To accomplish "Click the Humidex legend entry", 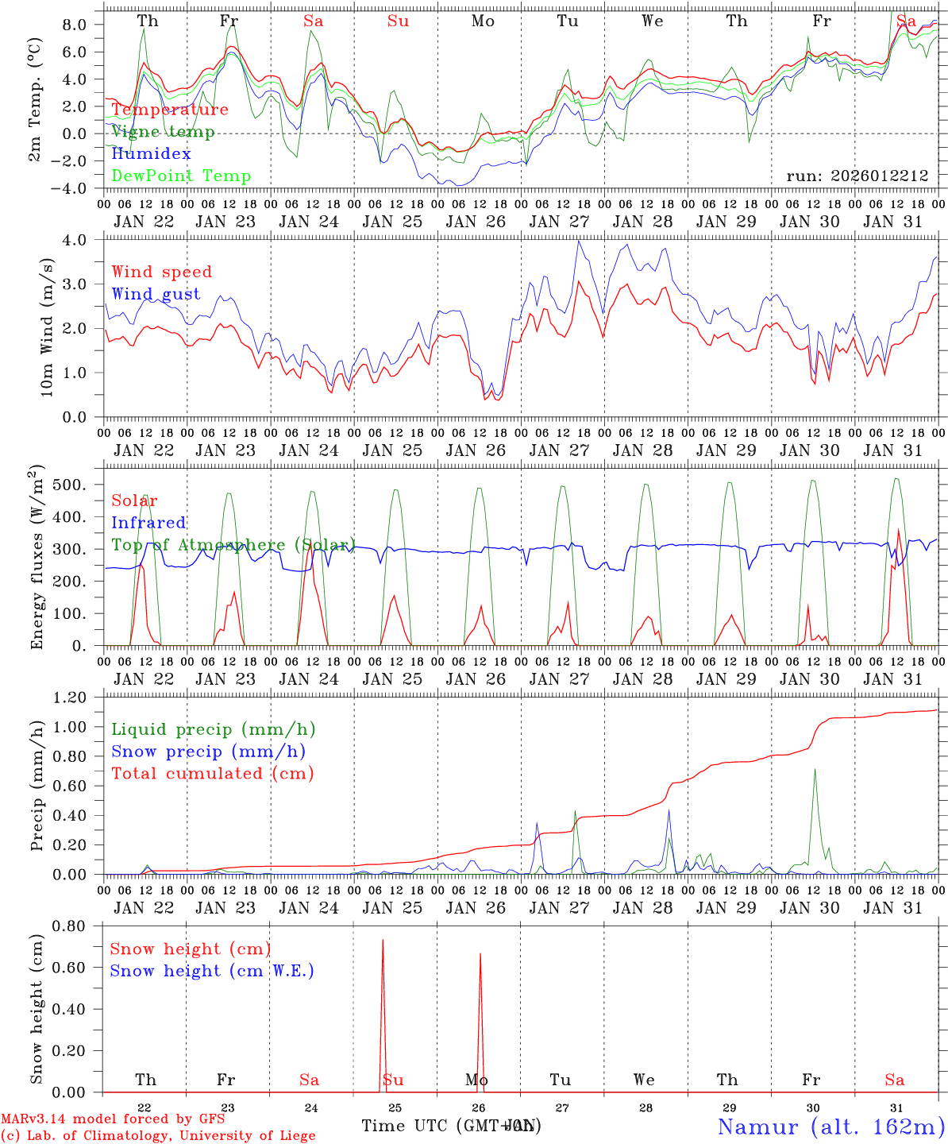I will tap(151, 154).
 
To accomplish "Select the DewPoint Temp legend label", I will tap(181, 176).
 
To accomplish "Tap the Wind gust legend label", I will tap(156, 294).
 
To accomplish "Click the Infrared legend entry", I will tap(148, 523).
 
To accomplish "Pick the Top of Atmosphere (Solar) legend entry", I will tap(233, 545).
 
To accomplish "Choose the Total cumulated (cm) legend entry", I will tap(212, 773).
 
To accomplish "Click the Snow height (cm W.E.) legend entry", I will tap(212, 971).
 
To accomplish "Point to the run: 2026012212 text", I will tap(857, 176).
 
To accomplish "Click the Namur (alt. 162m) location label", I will tap(830, 1127).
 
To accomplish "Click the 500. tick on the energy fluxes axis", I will tap(79, 485).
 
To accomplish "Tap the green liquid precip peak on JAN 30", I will tap(814, 770).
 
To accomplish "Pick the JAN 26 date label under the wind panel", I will tap(476, 450).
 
